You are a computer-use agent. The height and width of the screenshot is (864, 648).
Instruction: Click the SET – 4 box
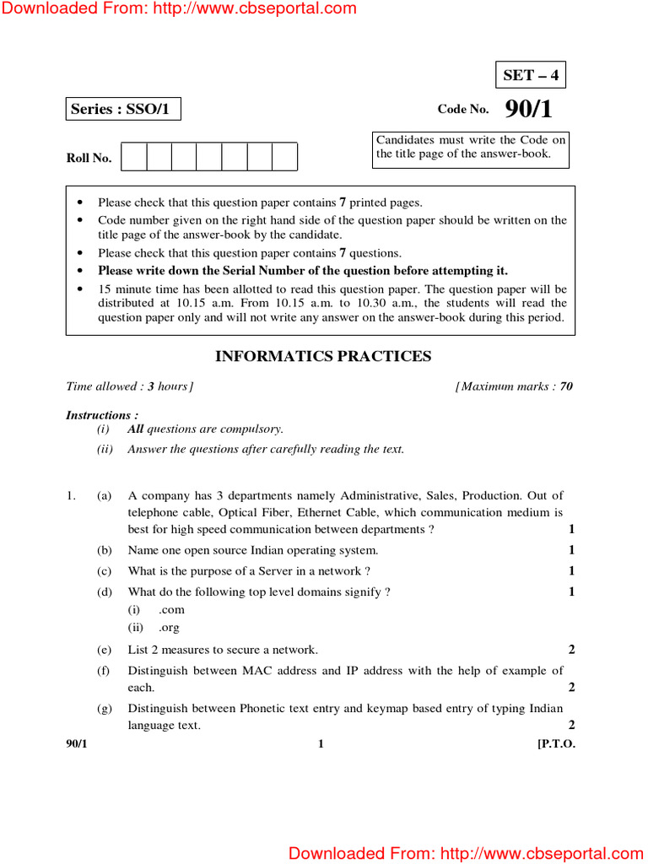pos(530,75)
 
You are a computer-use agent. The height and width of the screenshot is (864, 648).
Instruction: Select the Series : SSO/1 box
pos(123,109)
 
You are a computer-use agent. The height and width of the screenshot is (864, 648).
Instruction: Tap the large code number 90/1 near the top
pos(529,110)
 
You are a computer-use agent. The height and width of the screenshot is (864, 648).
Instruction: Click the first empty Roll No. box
pos(134,157)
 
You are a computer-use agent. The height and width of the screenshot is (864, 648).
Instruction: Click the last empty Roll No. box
pos(284,157)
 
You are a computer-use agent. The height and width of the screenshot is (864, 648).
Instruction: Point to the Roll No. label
pos(89,158)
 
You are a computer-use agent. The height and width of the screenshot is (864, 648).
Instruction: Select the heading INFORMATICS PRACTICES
pos(323,356)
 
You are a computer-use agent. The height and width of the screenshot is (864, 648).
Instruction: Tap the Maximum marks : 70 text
pos(515,386)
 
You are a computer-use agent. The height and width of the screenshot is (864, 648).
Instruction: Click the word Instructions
pos(98,415)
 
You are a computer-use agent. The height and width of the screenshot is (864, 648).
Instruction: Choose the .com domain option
pos(171,609)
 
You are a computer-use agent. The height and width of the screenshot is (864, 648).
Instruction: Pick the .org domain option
pos(169,628)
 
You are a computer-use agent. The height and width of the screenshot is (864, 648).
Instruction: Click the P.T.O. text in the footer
pos(556,743)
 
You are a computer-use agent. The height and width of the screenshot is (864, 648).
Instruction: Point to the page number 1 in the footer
pos(321,743)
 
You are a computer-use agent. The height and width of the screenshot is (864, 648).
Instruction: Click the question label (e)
pos(105,650)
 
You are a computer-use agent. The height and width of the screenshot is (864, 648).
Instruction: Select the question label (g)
pos(105,709)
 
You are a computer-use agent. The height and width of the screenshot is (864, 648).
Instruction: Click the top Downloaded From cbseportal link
pos(179,9)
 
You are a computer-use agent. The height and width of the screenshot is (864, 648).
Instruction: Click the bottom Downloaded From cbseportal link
pos(467,853)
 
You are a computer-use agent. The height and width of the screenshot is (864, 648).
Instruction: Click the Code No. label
pos(462,110)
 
